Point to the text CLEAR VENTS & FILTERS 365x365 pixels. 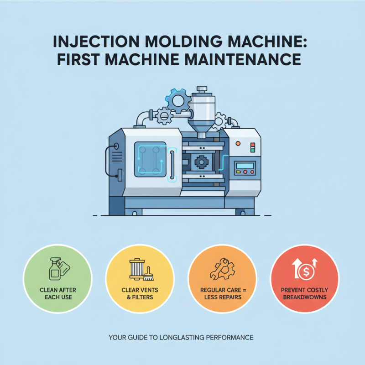[x=140, y=294]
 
